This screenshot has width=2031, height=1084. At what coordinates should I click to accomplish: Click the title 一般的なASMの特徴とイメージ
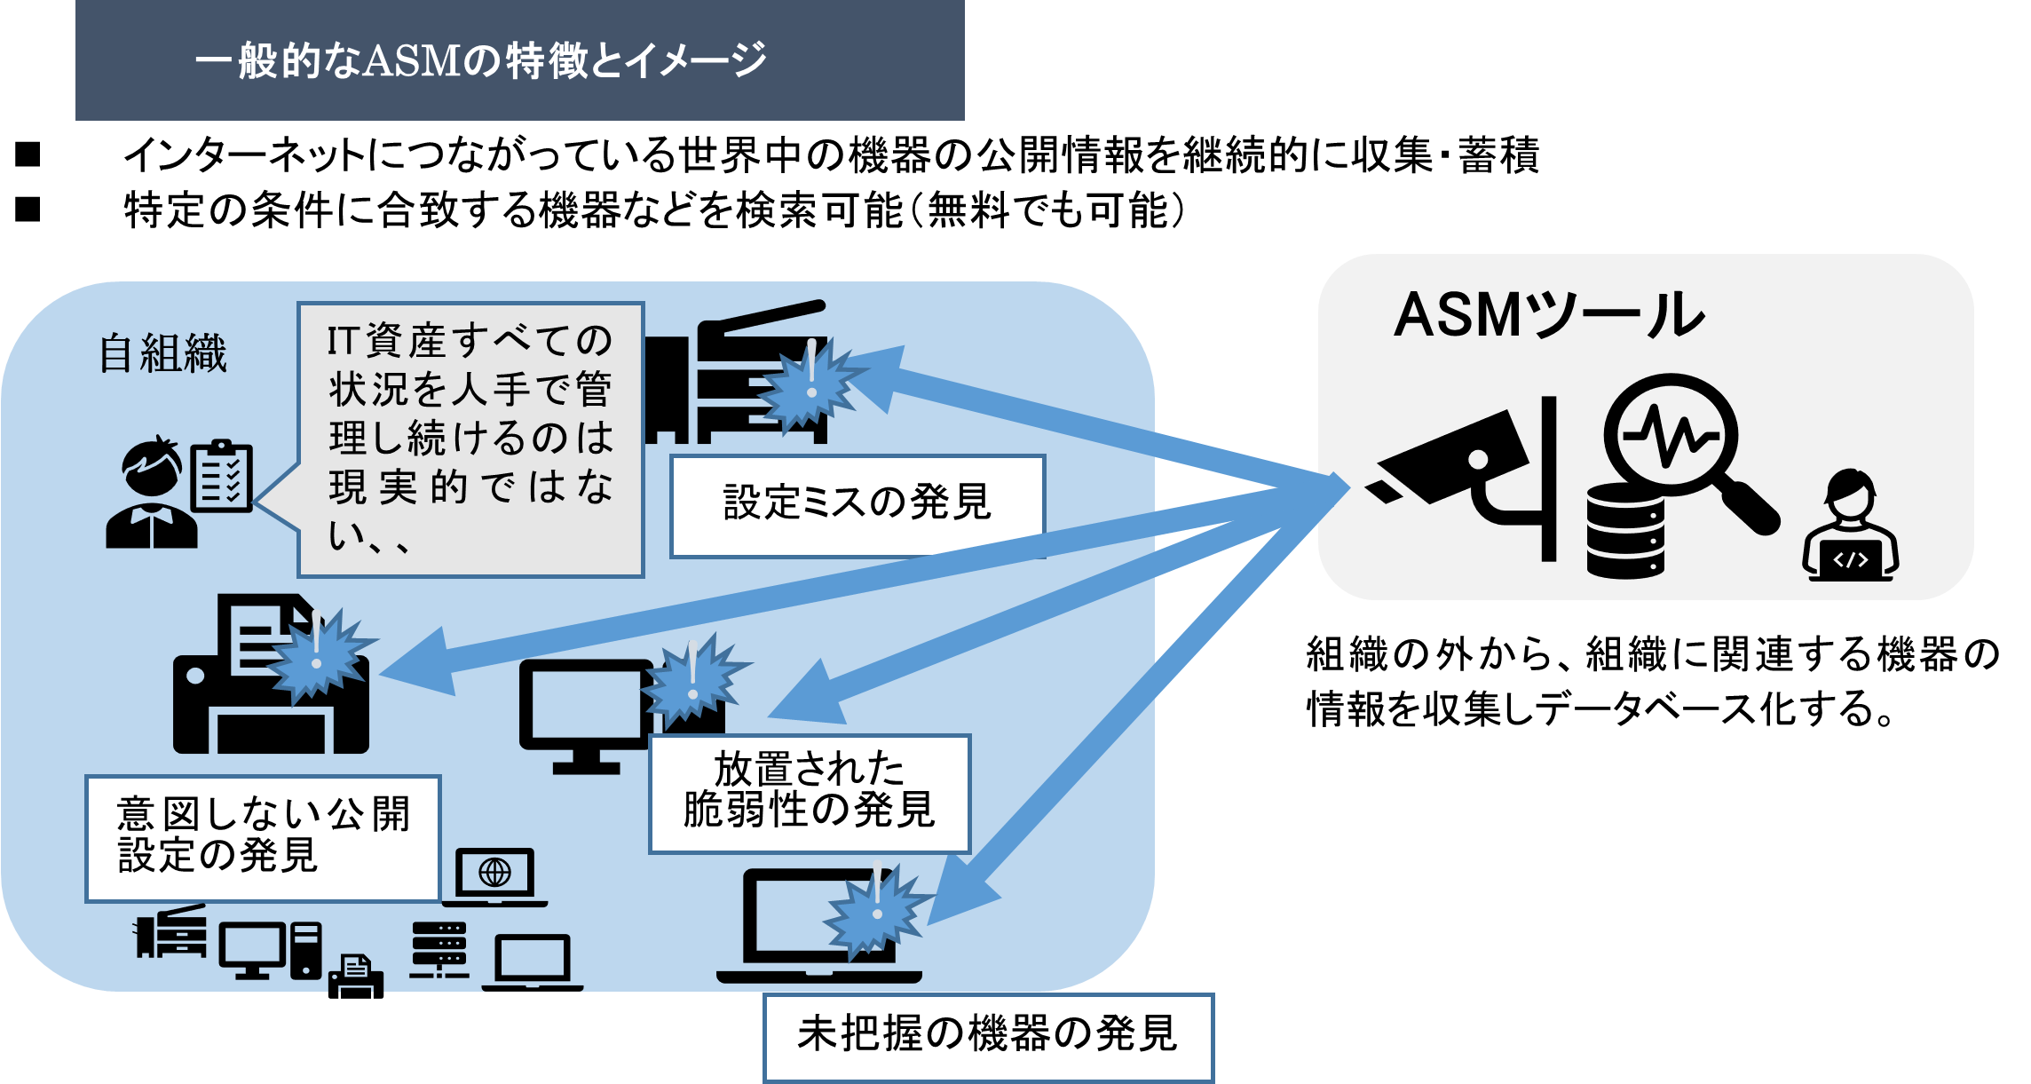(x=480, y=60)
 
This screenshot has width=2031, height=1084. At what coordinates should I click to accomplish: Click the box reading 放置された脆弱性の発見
(x=810, y=794)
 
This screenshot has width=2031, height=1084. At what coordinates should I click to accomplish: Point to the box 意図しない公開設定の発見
(x=264, y=838)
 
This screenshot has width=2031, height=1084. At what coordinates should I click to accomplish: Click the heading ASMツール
(x=1549, y=315)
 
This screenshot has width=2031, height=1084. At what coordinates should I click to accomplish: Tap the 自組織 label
(x=163, y=353)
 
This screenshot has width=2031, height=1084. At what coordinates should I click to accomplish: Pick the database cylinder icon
(x=1625, y=532)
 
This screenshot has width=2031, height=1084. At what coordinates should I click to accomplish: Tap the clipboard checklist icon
(x=222, y=476)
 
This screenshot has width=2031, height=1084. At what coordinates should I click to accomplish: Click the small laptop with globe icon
(x=494, y=877)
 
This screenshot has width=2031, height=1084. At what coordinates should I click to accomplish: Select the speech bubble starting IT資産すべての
(x=470, y=439)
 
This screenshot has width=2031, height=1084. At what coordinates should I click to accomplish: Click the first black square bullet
(x=28, y=154)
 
